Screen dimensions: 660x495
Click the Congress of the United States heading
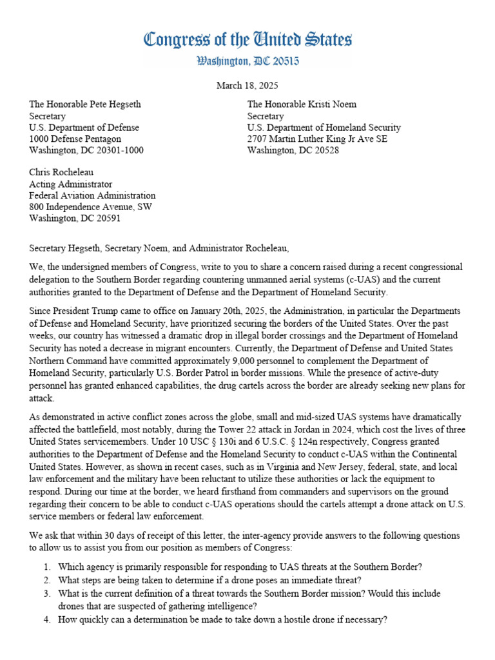(x=247, y=40)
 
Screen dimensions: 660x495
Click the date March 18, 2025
(x=247, y=85)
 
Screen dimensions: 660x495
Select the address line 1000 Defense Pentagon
(x=75, y=139)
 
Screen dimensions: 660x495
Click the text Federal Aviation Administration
(x=93, y=196)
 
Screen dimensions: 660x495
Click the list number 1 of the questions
(x=46, y=567)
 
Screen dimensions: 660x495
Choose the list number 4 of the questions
(x=46, y=619)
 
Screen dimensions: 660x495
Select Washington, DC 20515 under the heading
(x=247, y=62)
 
